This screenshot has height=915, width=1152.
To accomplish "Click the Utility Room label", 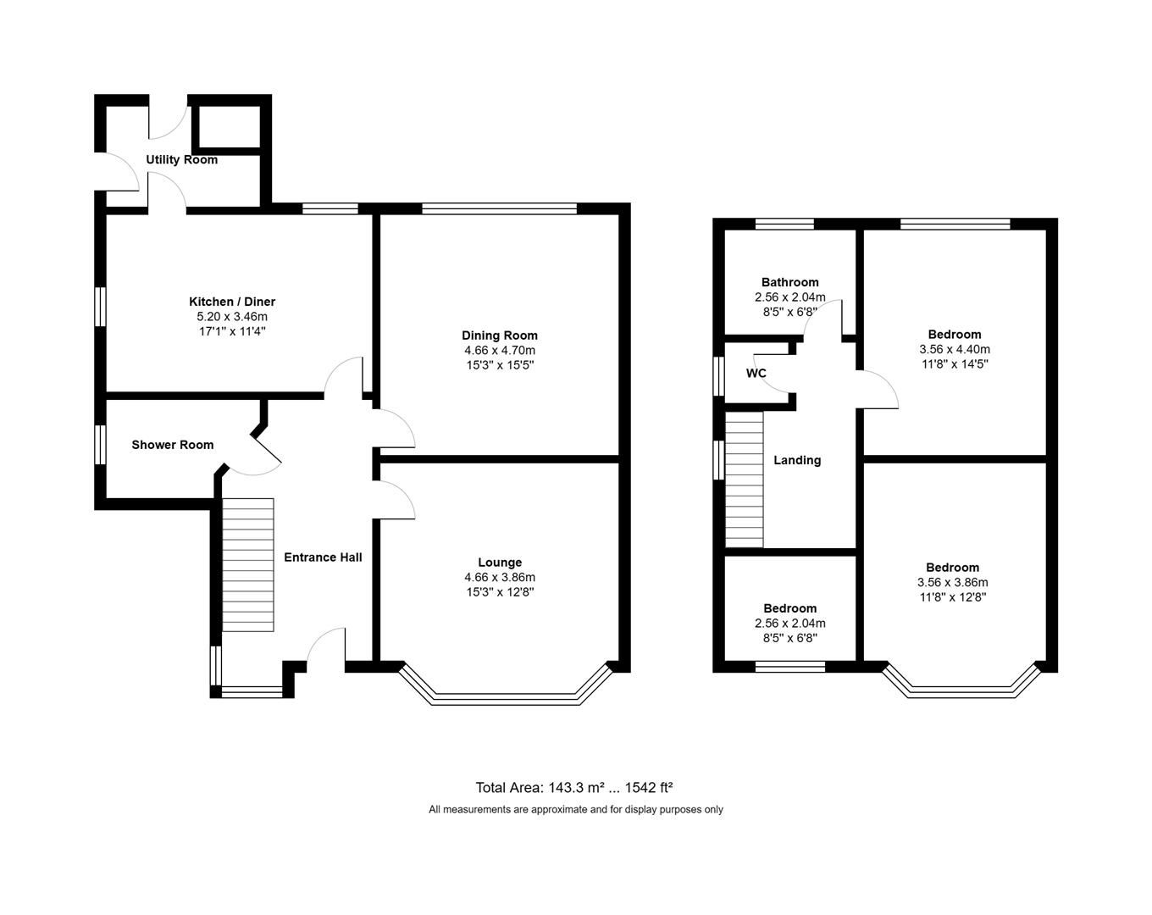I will (x=181, y=159).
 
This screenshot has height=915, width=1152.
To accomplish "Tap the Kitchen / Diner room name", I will (x=231, y=302).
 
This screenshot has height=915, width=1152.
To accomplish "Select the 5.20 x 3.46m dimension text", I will (x=231, y=317).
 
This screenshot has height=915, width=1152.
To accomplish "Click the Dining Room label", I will (x=499, y=335).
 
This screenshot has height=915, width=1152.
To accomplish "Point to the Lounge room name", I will (x=499, y=563).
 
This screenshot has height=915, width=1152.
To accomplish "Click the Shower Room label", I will (x=172, y=445).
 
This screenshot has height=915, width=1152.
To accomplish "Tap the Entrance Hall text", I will (x=322, y=557).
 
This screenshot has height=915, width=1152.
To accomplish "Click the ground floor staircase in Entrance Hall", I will (x=248, y=564).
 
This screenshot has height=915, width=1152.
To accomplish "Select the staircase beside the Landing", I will (x=745, y=480).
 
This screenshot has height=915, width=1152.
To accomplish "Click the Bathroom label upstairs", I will (x=789, y=282).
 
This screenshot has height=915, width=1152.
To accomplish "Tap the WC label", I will (x=756, y=374).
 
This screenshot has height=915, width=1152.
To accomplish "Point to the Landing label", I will (x=797, y=460).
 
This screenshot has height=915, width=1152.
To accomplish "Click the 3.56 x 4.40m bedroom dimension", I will (x=954, y=349).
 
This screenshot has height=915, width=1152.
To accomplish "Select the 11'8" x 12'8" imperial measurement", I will (x=952, y=596).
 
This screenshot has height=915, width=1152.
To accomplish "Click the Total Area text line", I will (x=574, y=787).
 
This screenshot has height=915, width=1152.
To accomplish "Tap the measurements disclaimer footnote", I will (x=575, y=809).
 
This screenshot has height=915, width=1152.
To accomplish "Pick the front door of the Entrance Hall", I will (x=325, y=648).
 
